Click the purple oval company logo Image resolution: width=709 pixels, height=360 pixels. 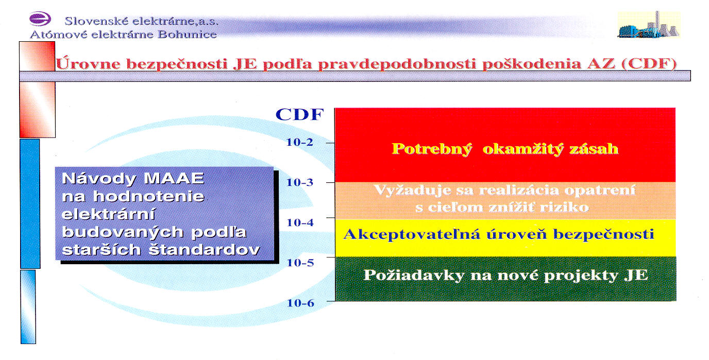[x=40, y=19]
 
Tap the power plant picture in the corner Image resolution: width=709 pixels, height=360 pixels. [x=649, y=25]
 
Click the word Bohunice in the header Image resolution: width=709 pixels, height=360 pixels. [x=187, y=34]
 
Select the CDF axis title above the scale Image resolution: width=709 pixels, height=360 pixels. [x=299, y=114]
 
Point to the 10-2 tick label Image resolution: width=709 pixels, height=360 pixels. [x=299, y=142]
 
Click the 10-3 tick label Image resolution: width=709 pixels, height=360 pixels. [x=300, y=182]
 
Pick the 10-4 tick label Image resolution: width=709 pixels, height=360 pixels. [x=300, y=222]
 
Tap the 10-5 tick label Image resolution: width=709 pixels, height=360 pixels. [x=300, y=263]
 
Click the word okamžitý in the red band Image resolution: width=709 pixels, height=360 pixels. [x=523, y=149]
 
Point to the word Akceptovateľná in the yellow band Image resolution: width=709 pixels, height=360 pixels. [x=412, y=235]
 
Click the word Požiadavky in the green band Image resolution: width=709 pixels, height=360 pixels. [x=414, y=275]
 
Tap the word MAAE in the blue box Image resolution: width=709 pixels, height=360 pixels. [x=174, y=178]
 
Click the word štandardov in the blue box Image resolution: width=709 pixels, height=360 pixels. [x=204, y=250]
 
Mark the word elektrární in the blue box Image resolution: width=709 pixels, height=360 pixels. [x=109, y=214]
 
